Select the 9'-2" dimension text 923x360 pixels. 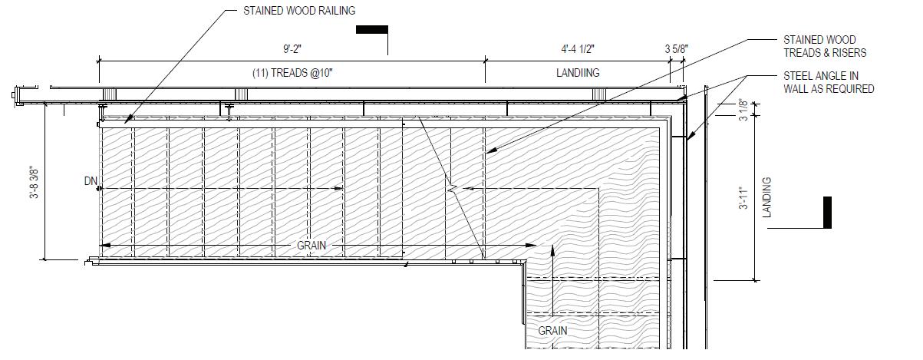(292, 49)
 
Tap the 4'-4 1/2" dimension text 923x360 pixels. (578, 49)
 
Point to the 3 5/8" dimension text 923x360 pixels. (676, 49)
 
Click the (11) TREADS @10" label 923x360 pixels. (292, 73)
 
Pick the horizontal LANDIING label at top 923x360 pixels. (578, 73)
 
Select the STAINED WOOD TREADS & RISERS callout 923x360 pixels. (824, 46)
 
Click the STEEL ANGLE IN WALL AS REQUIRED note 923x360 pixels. (829, 82)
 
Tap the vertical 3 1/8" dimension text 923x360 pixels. (743, 108)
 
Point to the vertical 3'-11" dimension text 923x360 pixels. (743, 199)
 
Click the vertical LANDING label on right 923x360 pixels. (766, 197)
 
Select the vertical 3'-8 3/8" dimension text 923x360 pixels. (35, 183)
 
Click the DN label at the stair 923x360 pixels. (91, 182)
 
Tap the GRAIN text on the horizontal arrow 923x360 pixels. (312, 246)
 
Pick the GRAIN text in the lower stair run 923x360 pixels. (552, 331)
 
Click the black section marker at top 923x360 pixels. (372, 30)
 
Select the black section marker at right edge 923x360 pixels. (827, 212)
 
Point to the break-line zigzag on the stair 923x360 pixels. (454, 187)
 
